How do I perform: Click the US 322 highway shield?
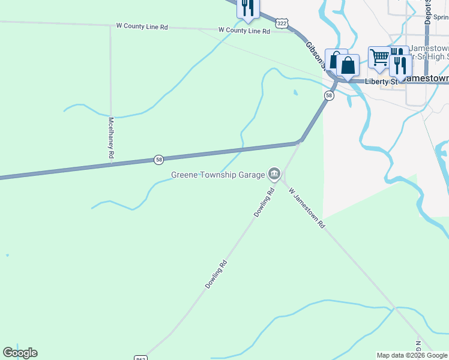pos(282,22)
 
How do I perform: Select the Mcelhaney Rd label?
pos(111,137)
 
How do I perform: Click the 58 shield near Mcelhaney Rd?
pos(158,160)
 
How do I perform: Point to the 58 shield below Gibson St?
pos(329,96)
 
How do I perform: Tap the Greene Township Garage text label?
pos(218,175)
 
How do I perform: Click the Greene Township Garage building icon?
pos(274,174)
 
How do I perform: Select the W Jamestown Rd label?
pos(306,208)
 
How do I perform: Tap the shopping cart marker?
pos(379,58)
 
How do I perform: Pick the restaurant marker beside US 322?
pos(247,8)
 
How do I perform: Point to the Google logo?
pos(20,353)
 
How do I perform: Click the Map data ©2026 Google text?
pos(412,355)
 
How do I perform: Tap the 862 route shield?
pos(141,358)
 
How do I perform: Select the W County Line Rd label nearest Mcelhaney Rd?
pos(142,27)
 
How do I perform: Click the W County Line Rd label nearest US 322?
pos(244,30)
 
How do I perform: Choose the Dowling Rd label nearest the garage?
pos(264,202)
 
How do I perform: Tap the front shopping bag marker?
pos(348,65)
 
